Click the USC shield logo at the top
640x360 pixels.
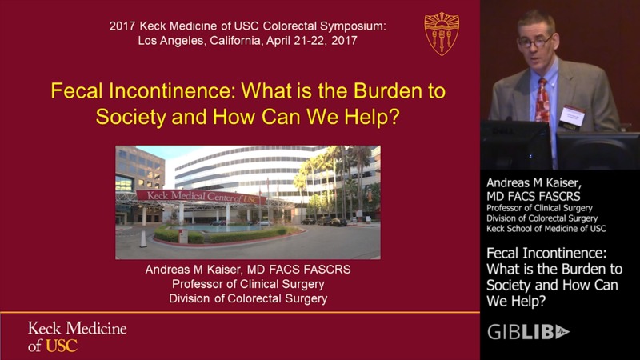(x=442, y=34)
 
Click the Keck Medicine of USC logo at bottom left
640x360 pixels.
(x=77, y=337)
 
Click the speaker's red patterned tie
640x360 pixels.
(x=543, y=99)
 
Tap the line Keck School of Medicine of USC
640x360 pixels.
(x=546, y=229)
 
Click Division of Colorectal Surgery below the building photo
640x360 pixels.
(x=248, y=299)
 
